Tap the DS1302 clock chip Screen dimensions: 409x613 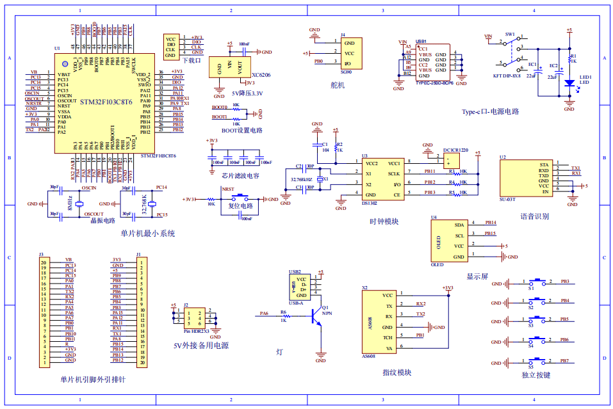pyautogui.click(x=382, y=179)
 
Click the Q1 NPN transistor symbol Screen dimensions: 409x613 pyautogui.click(x=317, y=316)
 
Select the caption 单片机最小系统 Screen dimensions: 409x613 pyautogui.click(x=148, y=233)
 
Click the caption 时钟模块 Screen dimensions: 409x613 pyautogui.click(x=384, y=221)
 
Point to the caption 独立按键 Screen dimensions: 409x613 pyautogui.click(x=536, y=375)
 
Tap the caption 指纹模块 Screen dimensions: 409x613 pyautogui.click(x=396, y=372)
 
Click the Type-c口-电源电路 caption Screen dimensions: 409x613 pyautogui.click(x=490, y=111)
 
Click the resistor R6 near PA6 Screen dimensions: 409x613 pyautogui.click(x=283, y=314)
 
